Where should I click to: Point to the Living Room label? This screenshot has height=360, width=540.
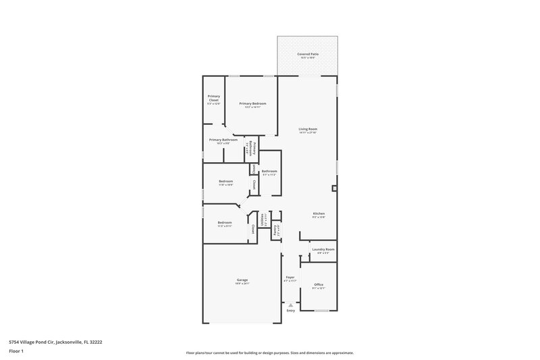click(308, 130)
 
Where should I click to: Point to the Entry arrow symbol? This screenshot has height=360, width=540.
click(291, 305)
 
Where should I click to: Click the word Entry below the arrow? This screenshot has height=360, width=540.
click(291, 311)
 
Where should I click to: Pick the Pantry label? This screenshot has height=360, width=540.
click(275, 230)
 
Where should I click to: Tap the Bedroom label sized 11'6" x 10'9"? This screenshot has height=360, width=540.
click(225, 182)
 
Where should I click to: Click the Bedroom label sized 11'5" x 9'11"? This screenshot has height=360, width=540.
click(224, 224)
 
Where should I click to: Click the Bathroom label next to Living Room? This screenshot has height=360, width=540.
click(269, 172)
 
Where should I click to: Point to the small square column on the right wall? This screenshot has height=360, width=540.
click(334, 188)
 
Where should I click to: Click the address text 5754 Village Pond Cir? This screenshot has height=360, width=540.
click(55, 342)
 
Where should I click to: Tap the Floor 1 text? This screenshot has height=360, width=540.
click(17, 352)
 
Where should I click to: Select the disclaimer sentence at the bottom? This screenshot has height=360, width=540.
click(269, 353)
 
